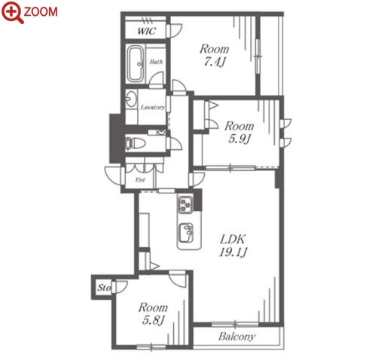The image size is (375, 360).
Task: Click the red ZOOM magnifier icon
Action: coord(13,13)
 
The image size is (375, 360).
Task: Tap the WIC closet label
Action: coord(147,31)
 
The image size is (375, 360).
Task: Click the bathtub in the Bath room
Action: coord(136,64)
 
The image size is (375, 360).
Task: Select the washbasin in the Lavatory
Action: coord(131,99)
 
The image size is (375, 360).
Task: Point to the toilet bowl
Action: coord(135,143)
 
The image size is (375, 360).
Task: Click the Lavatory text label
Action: coord(153,108)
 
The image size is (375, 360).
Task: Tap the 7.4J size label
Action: coord(214,62)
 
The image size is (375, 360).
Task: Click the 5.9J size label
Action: coord(239,139)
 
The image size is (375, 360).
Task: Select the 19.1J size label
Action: coord(233,252)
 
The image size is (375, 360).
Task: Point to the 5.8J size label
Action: coord(153,320)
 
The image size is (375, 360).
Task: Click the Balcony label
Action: coord(237,337)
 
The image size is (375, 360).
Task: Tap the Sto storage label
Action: coord(104,288)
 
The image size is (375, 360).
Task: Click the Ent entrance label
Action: coord(140,180)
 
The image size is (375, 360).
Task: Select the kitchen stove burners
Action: coord(185,204)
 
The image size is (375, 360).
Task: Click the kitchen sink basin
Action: coord(186,233)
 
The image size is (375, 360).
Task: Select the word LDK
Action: coord(233,239)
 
